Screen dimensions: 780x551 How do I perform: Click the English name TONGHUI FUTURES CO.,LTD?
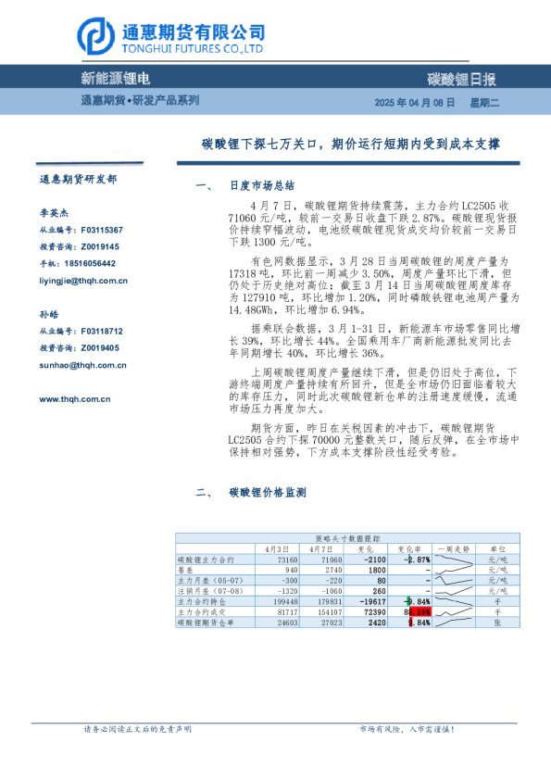point(192,48)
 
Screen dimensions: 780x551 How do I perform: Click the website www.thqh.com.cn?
point(75,399)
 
